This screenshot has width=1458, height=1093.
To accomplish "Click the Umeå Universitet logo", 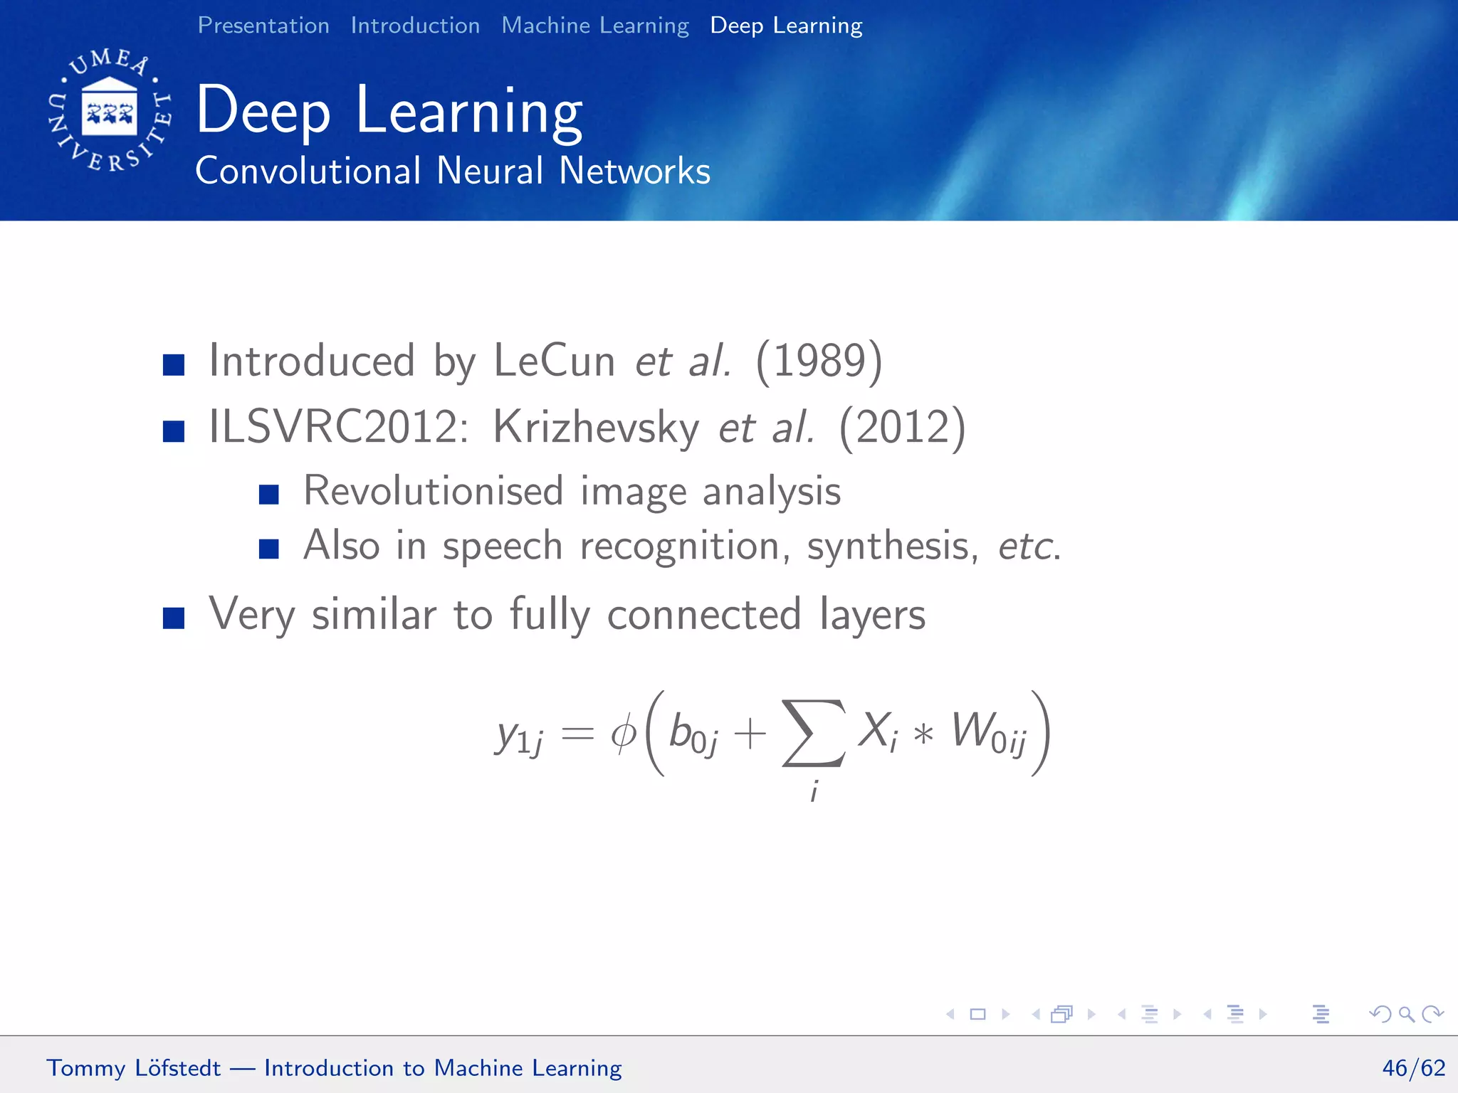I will click(x=110, y=110).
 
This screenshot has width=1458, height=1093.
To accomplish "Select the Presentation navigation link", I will click(x=263, y=26).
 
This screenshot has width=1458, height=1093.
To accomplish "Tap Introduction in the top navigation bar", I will click(x=415, y=26).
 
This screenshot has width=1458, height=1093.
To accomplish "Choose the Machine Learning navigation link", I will click(x=595, y=26).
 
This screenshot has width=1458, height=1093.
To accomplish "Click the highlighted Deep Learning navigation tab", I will click(x=786, y=26).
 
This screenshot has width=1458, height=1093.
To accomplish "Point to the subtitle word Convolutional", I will click(x=308, y=171).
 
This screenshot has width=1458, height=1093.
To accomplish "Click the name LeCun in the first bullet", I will click(x=554, y=361).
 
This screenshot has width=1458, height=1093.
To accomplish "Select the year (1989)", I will click(x=819, y=361).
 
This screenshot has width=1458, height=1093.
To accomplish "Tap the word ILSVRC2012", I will click(x=338, y=427).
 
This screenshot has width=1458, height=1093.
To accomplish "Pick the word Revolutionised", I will click(x=433, y=491).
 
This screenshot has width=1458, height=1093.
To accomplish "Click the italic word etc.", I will click(x=1029, y=546).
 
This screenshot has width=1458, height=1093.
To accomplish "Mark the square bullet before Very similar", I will click(x=174, y=617).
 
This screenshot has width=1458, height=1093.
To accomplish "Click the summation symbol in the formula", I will click(x=814, y=733).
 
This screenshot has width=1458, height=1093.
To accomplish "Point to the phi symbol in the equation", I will click(x=624, y=734).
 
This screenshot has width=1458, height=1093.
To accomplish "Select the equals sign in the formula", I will click(x=577, y=734).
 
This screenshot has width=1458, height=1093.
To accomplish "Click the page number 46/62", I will click(x=1413, y=1068).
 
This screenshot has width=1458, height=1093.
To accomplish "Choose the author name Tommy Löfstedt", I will click(x=134, y=1068).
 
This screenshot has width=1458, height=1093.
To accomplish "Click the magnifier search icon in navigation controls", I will click(x=1406, y=1014).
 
